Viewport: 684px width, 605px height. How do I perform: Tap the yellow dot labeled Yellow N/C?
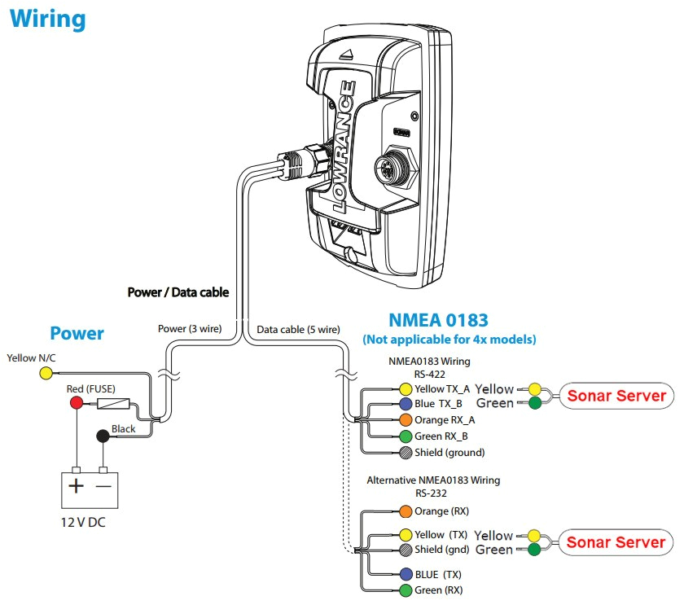(x=46, y=374)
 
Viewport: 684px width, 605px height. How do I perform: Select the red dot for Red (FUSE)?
(x=77, y=404)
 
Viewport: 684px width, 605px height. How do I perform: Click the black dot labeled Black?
(x=103, y=436)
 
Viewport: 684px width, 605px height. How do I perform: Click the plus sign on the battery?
(x=77, y=487)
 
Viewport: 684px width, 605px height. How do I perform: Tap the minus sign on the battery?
(x=103, y=487)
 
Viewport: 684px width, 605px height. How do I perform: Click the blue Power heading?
(x=77, y=333)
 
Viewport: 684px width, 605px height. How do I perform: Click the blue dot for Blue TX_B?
(x=406, y=404)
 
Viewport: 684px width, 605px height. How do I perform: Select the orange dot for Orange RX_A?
(x=406, y=420)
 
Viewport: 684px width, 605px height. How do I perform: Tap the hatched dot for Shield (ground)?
(x=406, y=452)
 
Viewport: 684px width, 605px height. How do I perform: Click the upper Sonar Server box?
(x=616, y=397)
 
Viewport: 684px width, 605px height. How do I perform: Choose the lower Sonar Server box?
(x=616, y=542)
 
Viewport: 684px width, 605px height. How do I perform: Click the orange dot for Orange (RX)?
(x=406, y=511)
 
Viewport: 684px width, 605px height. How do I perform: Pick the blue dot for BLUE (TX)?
(x=406, y=573)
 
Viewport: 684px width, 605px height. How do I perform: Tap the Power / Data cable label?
(x=178, y=292)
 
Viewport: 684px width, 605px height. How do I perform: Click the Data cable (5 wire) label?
(x=298, y=330)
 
